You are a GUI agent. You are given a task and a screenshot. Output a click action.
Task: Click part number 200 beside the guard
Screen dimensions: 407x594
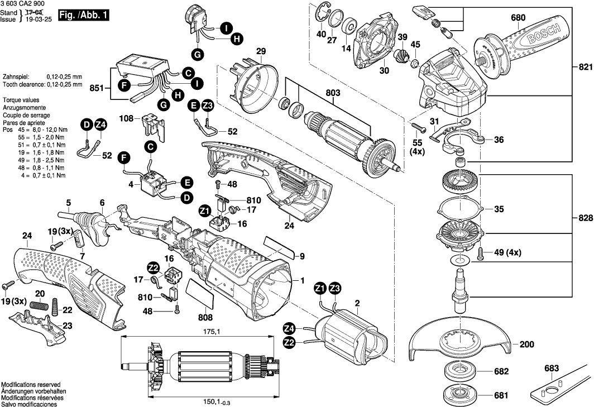click(x=526, y=344)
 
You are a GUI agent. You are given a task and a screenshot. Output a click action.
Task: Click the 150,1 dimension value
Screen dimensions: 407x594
click(x=212, y=401)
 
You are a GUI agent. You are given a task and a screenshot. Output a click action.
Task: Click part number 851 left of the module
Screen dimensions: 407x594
click(x=97, y=88)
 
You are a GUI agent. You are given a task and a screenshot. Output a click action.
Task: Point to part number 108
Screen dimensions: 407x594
click(x=126, y=118)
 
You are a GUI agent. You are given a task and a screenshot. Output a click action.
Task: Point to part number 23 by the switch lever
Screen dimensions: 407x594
click(x=68, y=326)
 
